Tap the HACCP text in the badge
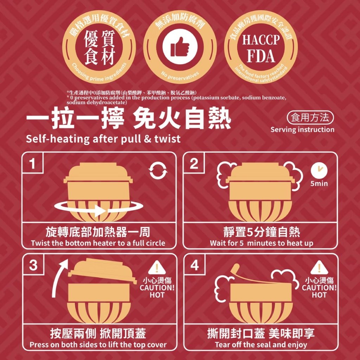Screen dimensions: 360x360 coord(261,40)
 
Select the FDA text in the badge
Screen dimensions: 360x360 coord(261,56)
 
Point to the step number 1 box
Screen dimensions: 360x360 coord(32,163)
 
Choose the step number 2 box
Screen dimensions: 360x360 coord(194,163)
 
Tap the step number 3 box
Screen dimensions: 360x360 coord(33,265)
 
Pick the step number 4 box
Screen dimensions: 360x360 coord(194,265)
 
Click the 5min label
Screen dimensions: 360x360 coord(319,184)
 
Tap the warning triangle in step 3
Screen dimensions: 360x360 coord(157,268)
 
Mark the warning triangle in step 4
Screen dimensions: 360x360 coord(319,268)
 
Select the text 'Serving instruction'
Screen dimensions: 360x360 coord(302,129)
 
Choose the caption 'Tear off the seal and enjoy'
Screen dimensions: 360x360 coord(261,345)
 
